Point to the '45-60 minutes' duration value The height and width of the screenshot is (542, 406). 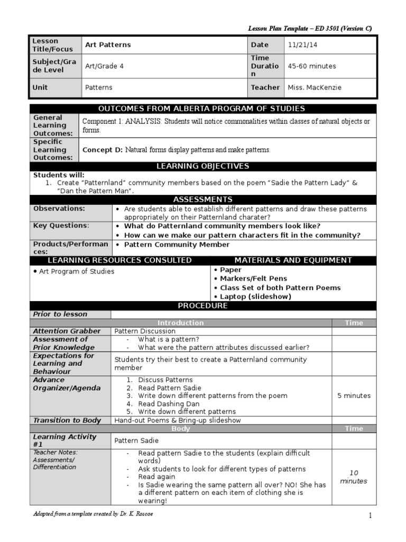[312, 66]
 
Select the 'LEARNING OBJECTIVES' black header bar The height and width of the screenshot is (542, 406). [203, 166]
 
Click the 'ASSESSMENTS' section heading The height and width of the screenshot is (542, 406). [203, 200]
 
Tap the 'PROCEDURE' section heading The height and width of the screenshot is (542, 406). [203, 305]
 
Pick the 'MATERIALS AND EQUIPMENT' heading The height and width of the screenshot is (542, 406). [293, 260]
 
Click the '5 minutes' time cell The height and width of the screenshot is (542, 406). [354, 395]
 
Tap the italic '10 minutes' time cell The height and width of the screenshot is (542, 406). [354, 477]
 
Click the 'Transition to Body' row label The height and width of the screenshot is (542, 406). [67, 420]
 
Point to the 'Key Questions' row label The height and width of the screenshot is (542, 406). [61, 225]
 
